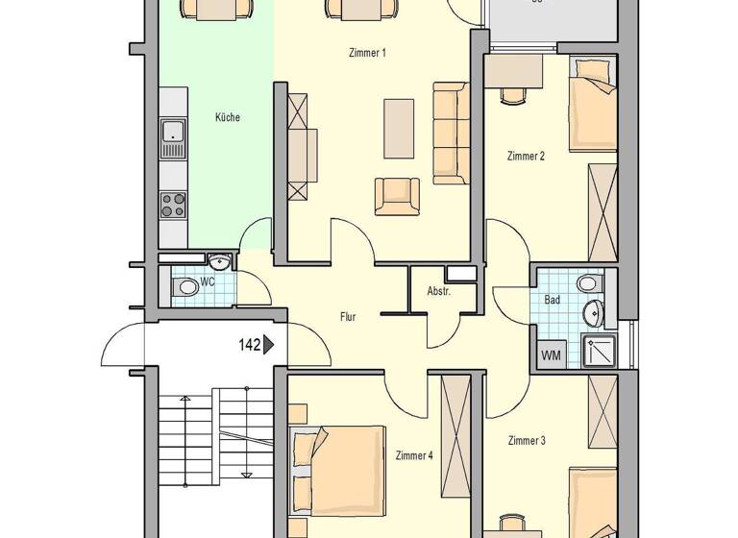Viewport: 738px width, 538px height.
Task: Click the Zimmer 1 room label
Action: pos(367,53)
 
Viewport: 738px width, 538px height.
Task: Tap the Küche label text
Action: pos(228,117)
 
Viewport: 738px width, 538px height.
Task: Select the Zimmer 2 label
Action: pos(526,156)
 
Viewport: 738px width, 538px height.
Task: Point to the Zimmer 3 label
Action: pos(527,441)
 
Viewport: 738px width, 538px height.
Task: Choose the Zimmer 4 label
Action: pos(414,455)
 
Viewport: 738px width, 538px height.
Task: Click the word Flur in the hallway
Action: pos(348,316)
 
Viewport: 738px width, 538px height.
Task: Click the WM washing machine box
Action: pos(551,355)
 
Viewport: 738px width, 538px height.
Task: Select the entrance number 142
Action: pos(250,344)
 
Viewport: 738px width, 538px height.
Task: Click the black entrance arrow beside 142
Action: pos(269,344)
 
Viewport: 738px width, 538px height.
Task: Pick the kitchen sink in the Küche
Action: pos(173,137)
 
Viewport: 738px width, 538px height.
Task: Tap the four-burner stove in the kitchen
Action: pos(173,205)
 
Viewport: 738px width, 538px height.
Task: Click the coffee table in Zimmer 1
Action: pos(399,128)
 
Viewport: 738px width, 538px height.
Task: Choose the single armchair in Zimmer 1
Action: pos(397,196)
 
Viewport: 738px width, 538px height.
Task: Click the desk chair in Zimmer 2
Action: pos(510,97)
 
